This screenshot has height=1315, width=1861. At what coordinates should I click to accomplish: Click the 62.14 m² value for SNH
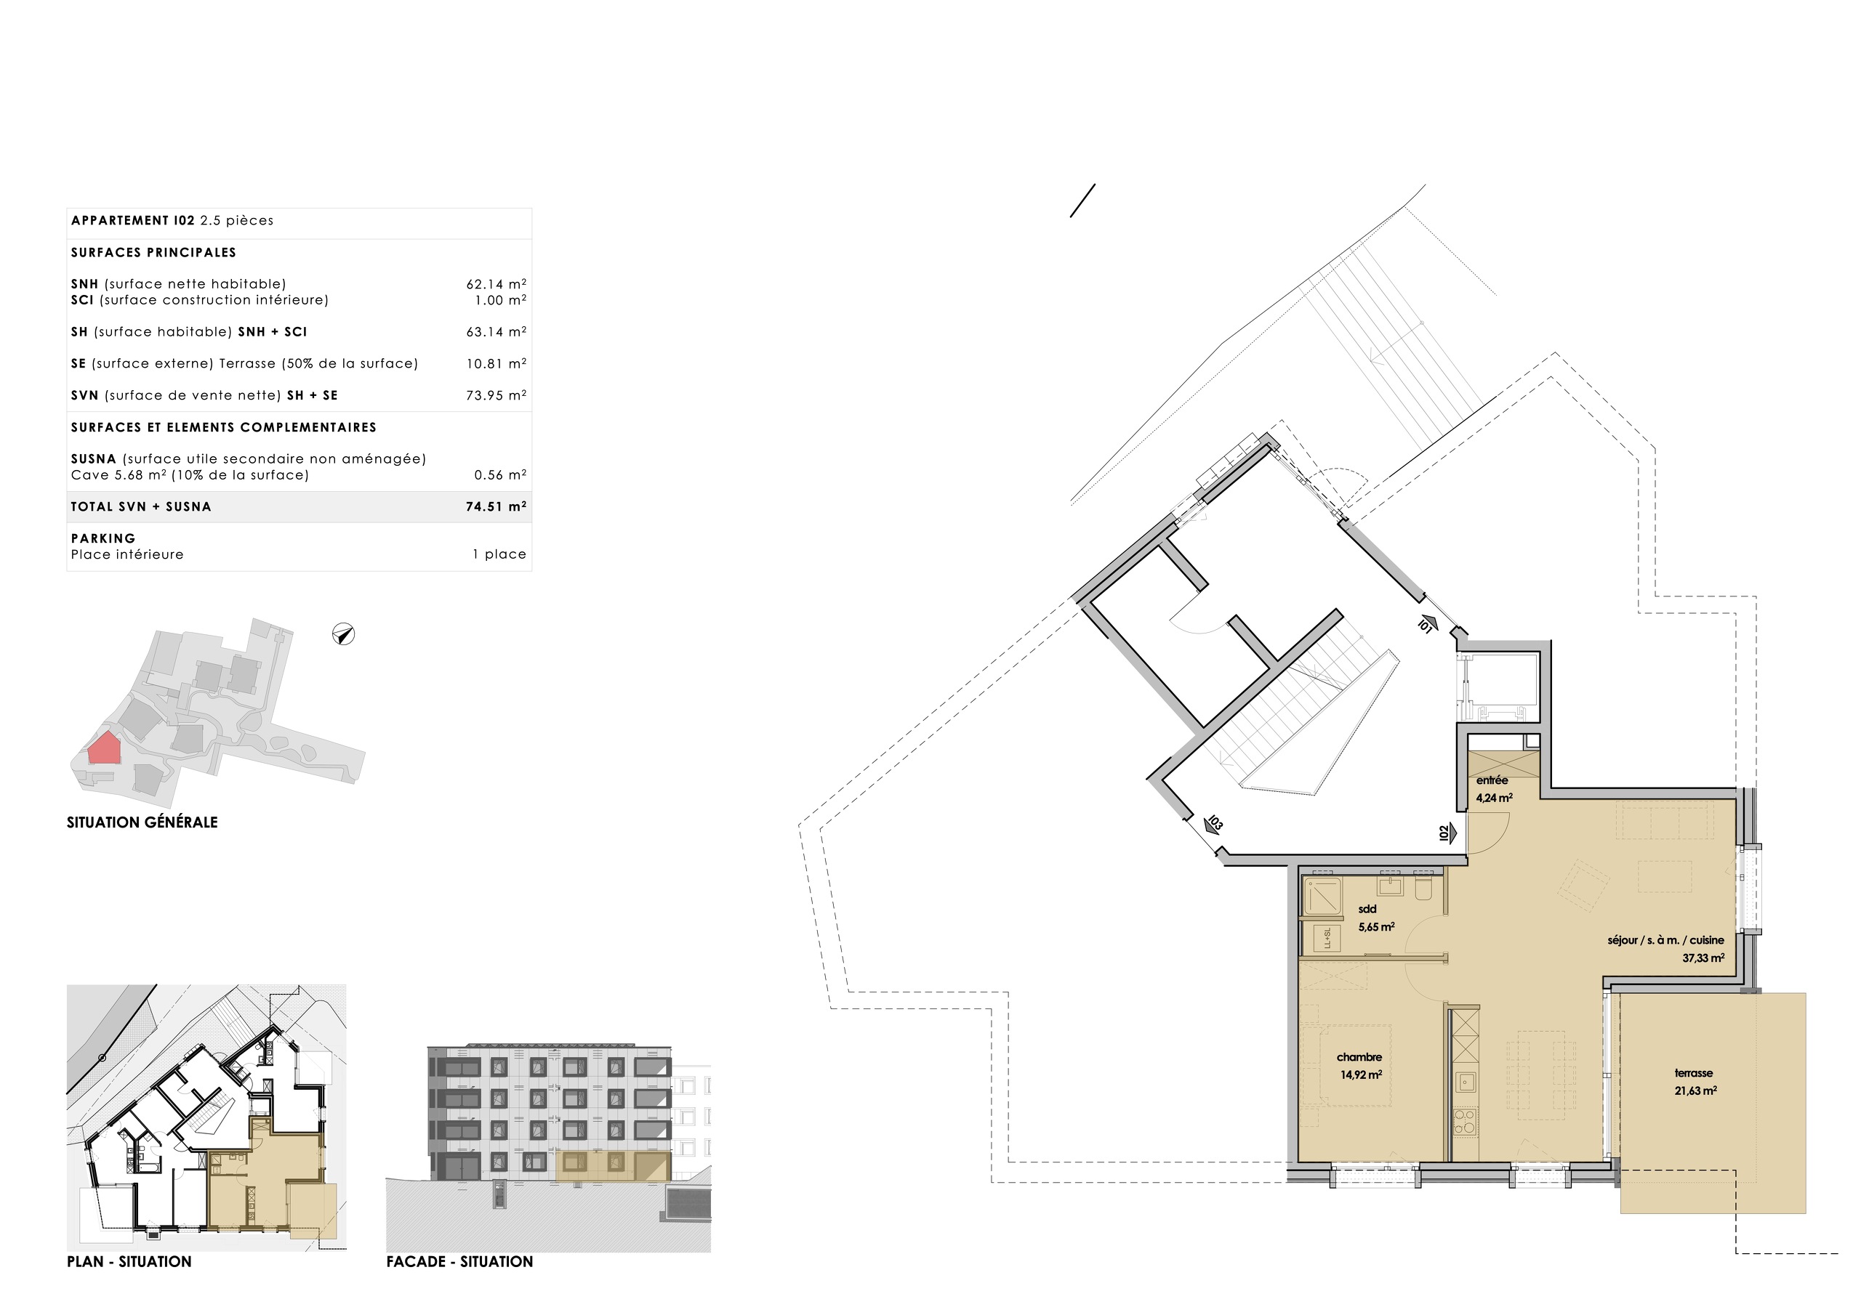pyautogui.click(x=495, y=284)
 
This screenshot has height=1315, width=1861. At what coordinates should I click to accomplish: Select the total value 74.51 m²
pyautogui.click(x=495, y=507)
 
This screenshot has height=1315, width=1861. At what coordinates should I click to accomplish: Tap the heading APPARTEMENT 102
pyautogui.click(x=133, y=220)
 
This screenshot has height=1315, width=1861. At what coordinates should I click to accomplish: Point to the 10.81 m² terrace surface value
pyautogui.click(x=495, y=364)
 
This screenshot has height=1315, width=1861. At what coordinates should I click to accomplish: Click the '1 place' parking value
pyautogui.click(x=499, y=555)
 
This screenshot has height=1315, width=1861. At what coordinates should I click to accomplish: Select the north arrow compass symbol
pyautogui.click(x=344, y=634)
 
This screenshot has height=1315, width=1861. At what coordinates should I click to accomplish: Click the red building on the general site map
pyautogui.click(x=104, y=748)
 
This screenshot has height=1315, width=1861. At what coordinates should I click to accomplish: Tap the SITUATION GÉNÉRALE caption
pyautogui.click(x=142, y=822)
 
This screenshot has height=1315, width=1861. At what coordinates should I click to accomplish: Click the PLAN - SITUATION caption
pyautogui.click(x=129, y=1261)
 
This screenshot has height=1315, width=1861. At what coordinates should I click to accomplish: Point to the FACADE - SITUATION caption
pyautogui.click(x=459, y=1261)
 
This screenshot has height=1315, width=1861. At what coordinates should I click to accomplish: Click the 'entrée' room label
pyautogui.click(x=1492, y=780)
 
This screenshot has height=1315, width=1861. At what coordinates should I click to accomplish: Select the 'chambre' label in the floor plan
pyautogui.click(x=1359, y=1057)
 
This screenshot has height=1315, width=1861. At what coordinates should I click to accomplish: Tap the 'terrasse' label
pyautogui.click(x=1694, y=1074)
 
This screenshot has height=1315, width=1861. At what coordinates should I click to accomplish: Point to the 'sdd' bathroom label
pyautogui.click(x=1367, y=909)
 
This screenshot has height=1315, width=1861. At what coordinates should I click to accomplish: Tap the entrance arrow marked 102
pyautogui.click(x=1447, y=832)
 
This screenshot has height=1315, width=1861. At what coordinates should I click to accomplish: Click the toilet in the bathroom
pyautogui.click(x=1423, y=889)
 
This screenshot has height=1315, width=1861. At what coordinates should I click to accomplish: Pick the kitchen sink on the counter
pyautogui.click(x=1465, y=1081)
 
